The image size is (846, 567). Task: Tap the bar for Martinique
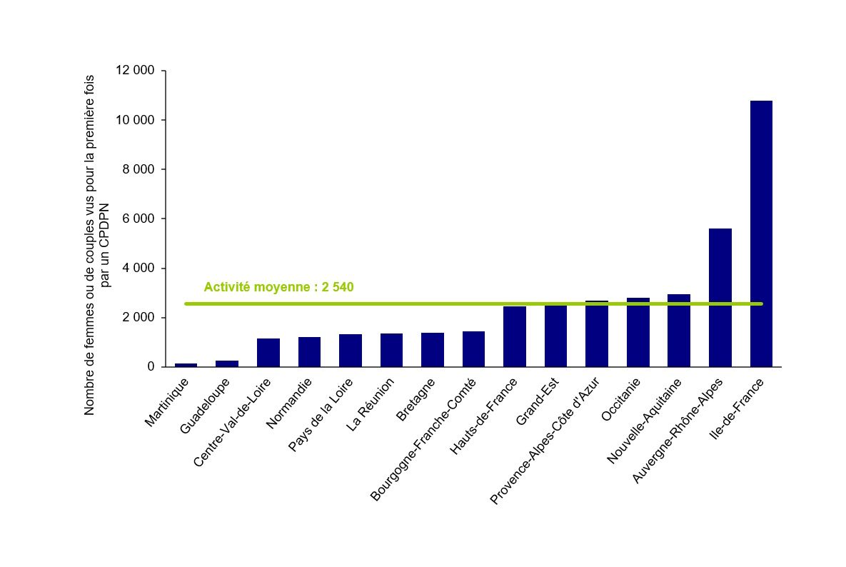186,365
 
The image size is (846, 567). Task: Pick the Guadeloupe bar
227,363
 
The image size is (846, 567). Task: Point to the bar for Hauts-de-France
515,336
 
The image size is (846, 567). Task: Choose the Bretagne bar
433,349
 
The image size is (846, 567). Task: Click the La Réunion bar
391,350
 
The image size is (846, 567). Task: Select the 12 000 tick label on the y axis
135,71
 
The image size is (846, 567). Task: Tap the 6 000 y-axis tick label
139,219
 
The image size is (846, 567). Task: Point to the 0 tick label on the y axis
151,367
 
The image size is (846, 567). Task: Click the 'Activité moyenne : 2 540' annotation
278,287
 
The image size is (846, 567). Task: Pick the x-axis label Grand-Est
540,402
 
